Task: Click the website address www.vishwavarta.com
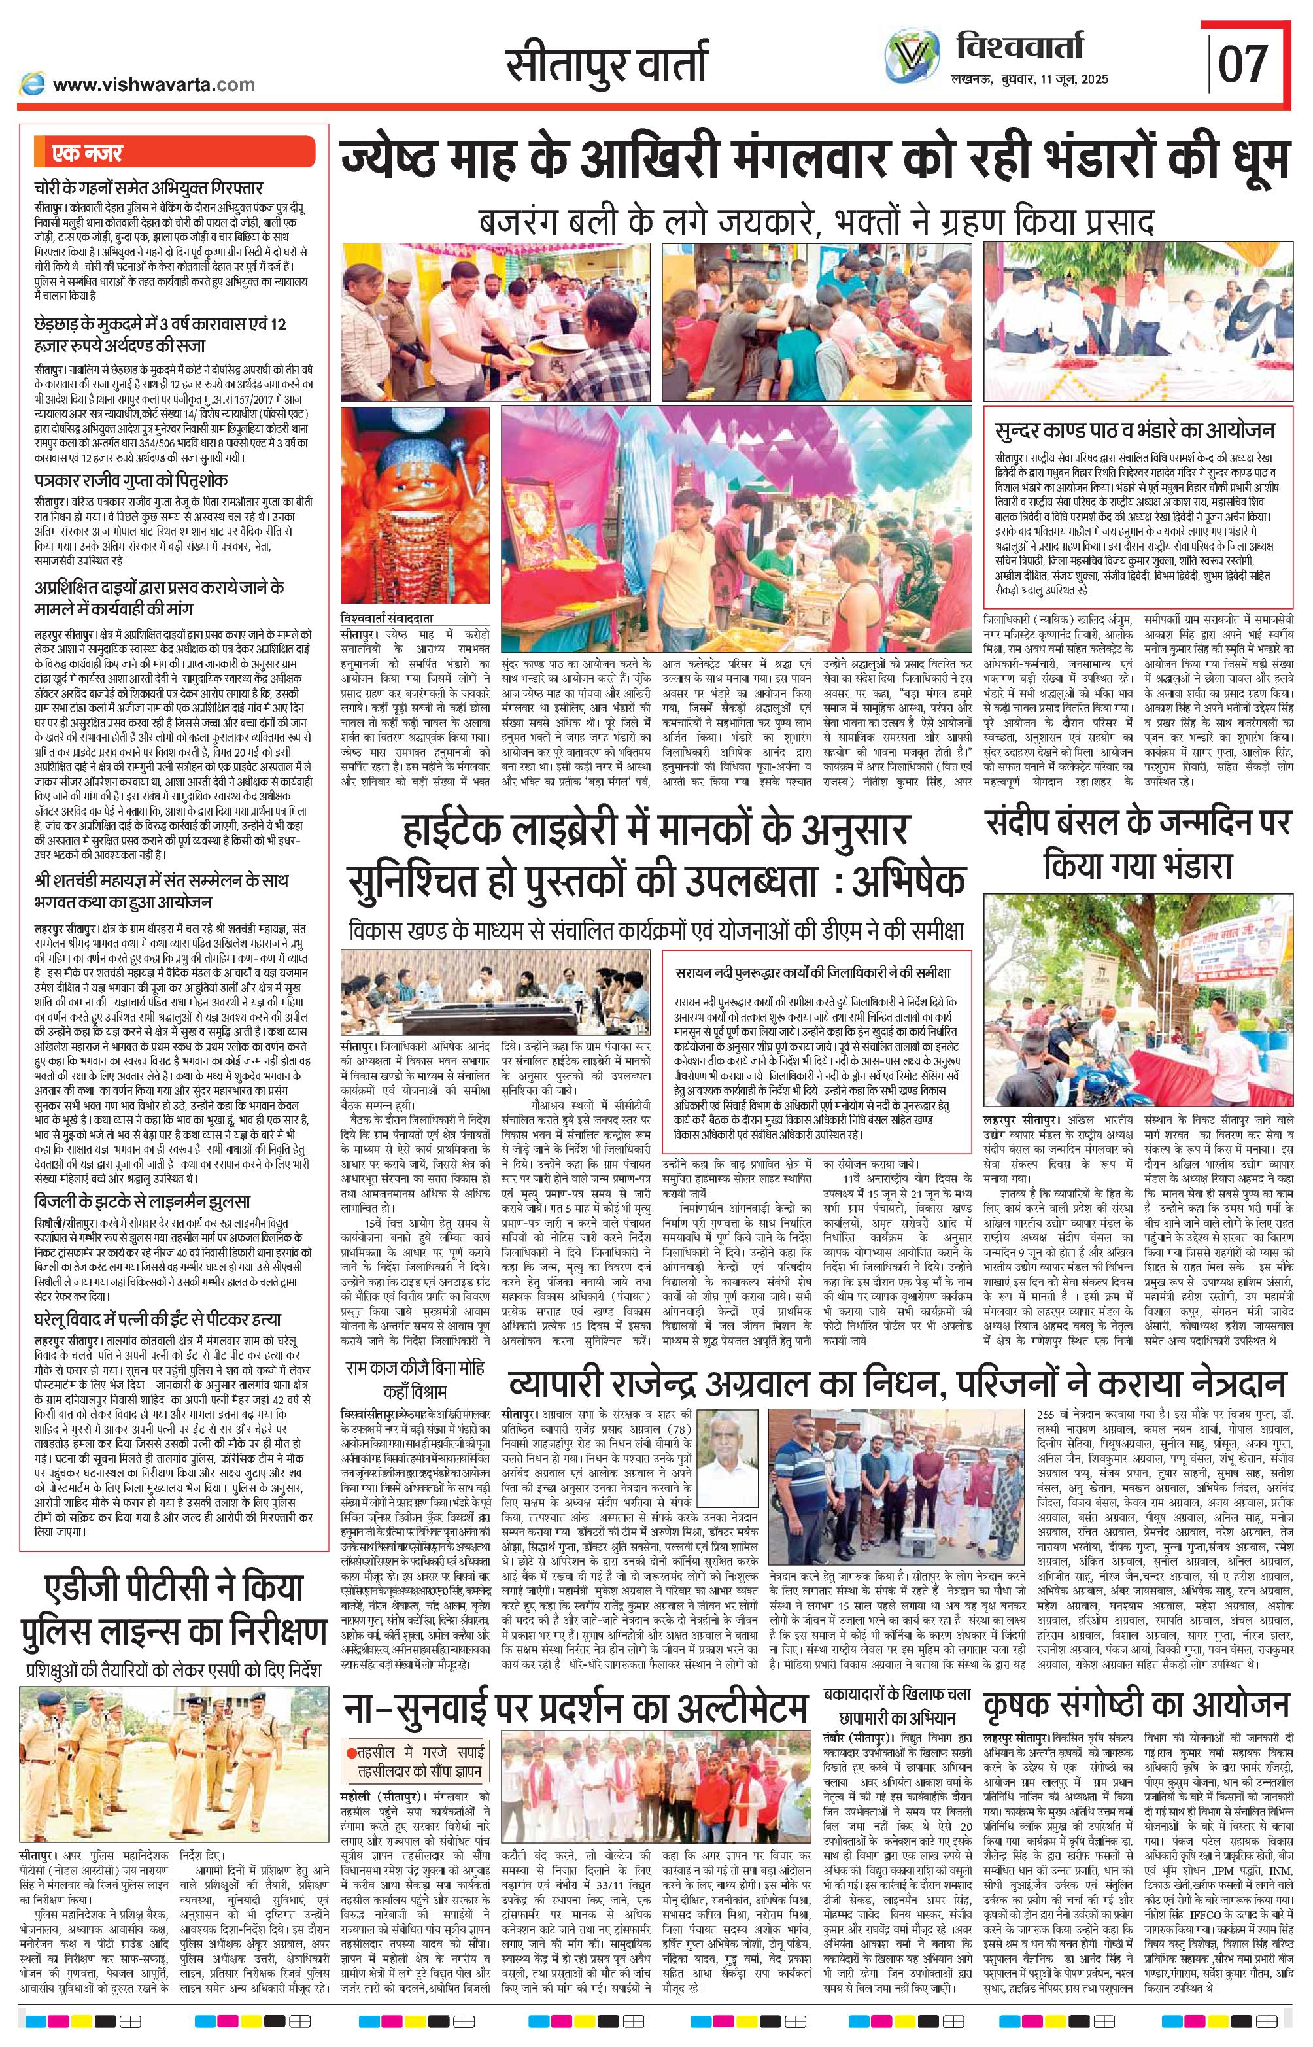(x=154, y=84)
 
